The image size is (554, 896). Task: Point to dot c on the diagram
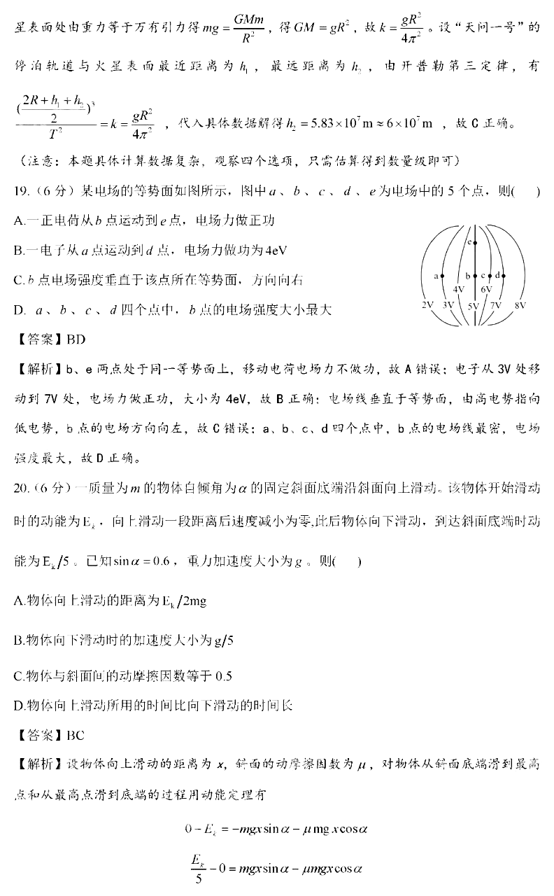tap(489, 276)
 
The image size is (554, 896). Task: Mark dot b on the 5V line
tap(475, 276)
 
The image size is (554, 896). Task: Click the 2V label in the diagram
tap(428, 306)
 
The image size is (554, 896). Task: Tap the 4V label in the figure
tap(459, 288)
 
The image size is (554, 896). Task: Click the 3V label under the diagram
tap(449, 306)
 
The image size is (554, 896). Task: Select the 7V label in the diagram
tap(496, 306)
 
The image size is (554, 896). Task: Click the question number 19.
tap(22, 192)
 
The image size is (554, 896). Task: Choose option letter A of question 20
tap(18, 601)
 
